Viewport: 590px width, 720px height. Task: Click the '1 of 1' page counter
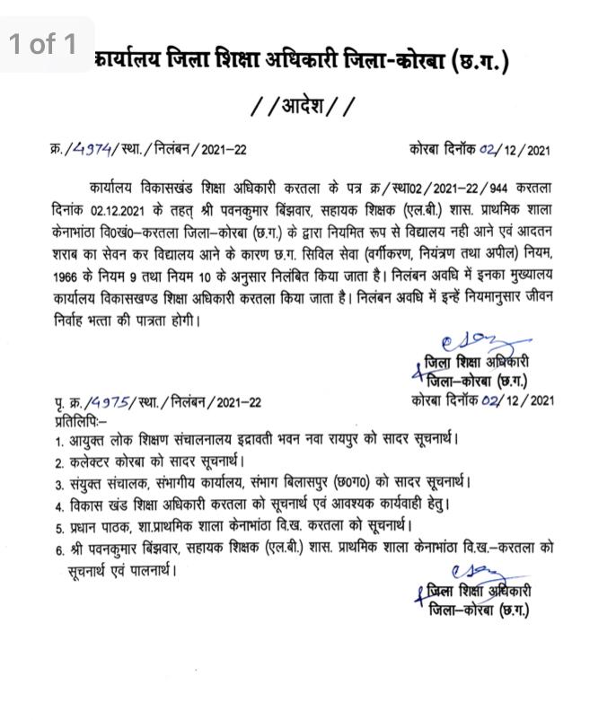(x=44, y=44)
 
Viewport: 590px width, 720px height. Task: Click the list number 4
(x=59, y=505)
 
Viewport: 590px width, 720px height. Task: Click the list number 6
(x=59, y=548)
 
